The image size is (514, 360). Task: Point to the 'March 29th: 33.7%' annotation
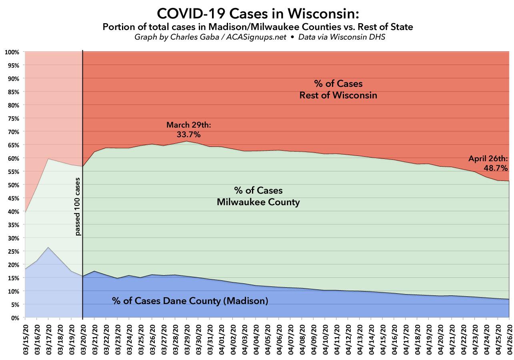(x=188, y=130)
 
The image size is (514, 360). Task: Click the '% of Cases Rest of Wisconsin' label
(x=338, y=90)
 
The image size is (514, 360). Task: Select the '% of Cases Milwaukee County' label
(x=258, y=196)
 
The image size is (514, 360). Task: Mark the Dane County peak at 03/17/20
(x=48, y=247)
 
